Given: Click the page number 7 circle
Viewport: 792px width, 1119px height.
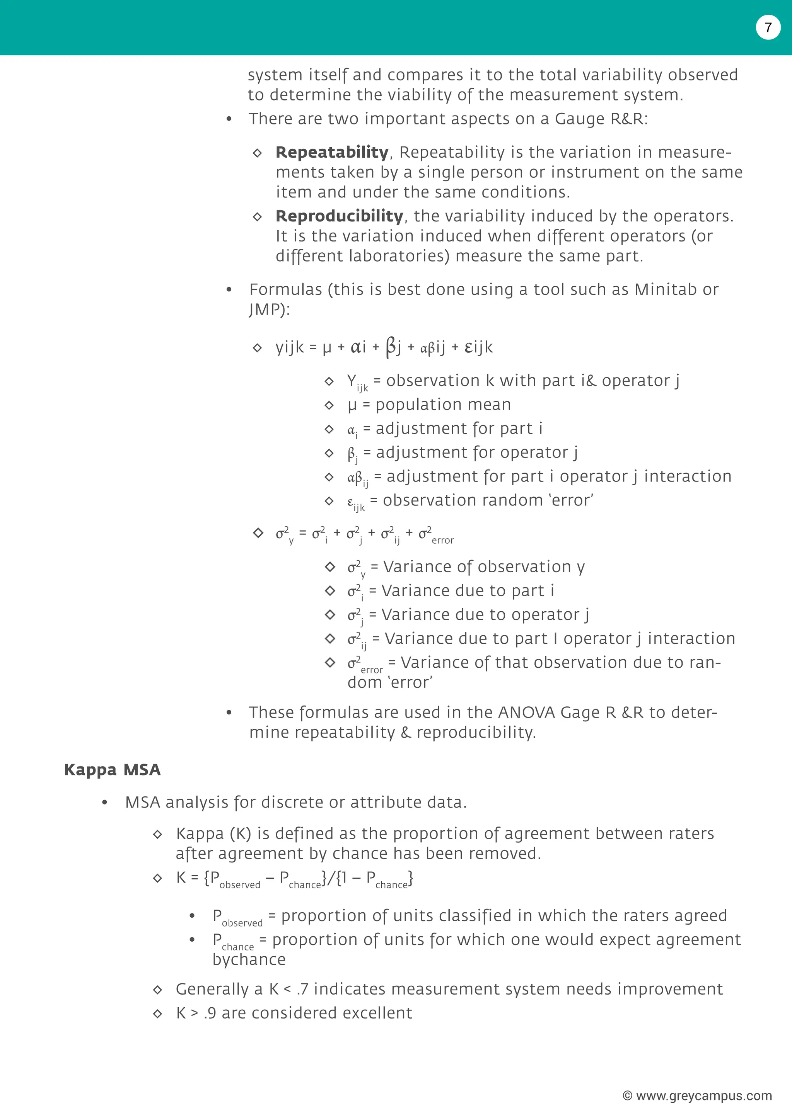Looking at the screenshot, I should pyautogui.click(x=768, y=27).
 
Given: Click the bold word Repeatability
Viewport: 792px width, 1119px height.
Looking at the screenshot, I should pyautogui.click(x=332, y=152).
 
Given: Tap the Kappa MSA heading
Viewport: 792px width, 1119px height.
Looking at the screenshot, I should pyautogui.click(x=112, y=770).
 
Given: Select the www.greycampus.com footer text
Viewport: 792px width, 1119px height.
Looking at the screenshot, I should pyautogui.click(x=697, y=1096).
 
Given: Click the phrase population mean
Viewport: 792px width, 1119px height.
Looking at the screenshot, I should pyautogui.click(x=443, y=405).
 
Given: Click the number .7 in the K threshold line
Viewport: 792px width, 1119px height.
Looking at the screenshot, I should pyautogui.click(x=302, y=989).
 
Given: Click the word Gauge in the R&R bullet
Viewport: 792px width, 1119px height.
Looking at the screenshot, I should pyautogui.click(x=579, y=119).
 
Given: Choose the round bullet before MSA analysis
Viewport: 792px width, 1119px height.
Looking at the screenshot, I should pyautogui.click(x=104, y=803).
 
